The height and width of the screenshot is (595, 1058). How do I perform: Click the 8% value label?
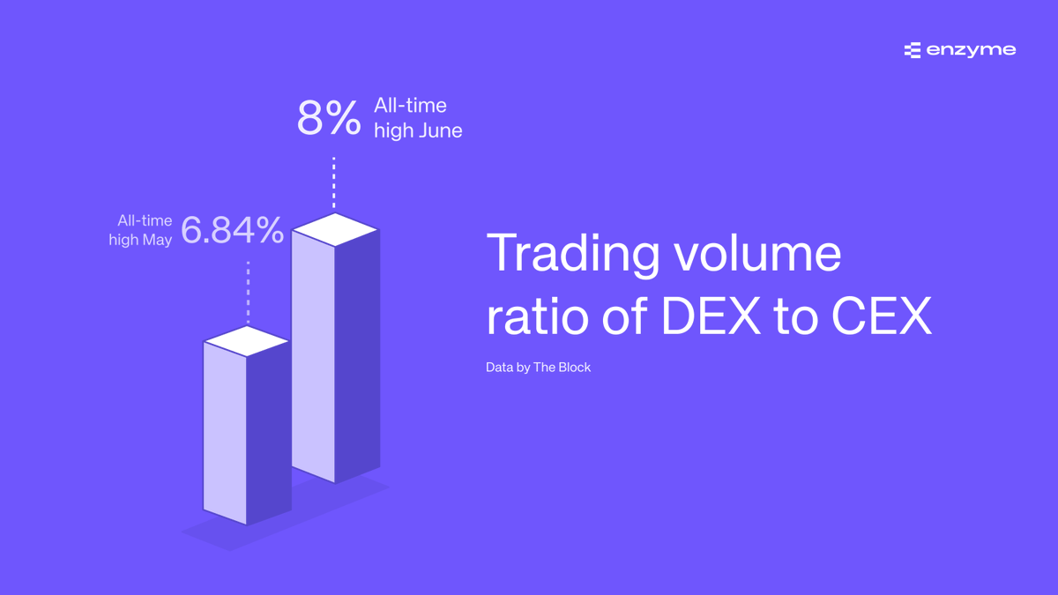tap(328, 118)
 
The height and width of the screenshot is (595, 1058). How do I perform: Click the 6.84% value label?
tap(233, 231)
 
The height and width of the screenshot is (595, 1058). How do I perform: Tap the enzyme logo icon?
tap(912, 50)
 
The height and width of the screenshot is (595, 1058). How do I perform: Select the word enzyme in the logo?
tap(971, 50)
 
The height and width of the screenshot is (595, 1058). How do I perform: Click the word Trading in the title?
tap(572, 254)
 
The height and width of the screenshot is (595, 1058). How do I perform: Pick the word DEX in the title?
tap(711, 318)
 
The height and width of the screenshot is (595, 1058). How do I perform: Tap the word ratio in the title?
tap(536, 318)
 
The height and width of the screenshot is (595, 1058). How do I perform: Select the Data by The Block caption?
tap(538, 367)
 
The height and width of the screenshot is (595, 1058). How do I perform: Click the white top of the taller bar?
tap(335, 231)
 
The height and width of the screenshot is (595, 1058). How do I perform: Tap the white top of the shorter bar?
tap(247, 341)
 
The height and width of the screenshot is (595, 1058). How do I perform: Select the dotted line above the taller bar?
tap(334, 183)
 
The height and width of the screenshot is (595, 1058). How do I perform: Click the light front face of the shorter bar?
tap(224, 432)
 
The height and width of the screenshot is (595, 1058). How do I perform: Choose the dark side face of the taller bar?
tap(357, 353)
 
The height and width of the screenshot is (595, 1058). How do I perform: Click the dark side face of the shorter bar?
tap(268, 432)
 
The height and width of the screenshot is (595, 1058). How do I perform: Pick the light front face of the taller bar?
tap(313, 353)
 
